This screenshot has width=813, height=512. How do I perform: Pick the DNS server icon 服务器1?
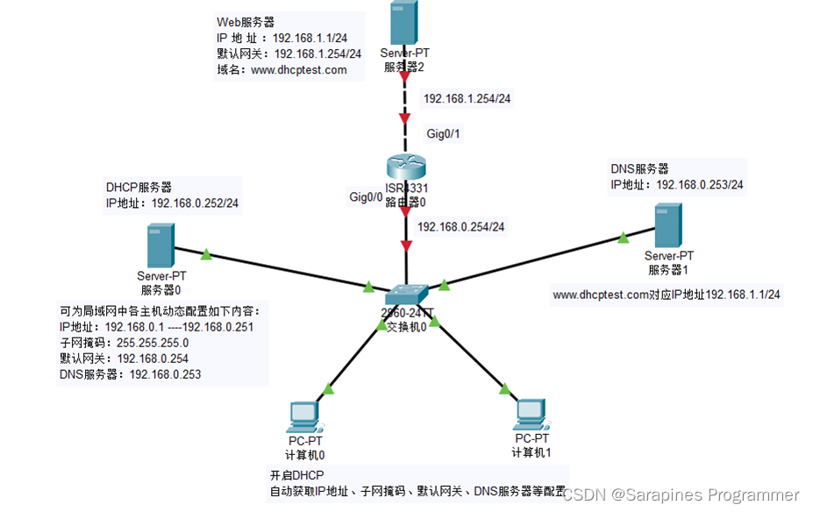[x=668, y=224]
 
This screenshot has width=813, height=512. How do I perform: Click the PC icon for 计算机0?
[x=304, y=415]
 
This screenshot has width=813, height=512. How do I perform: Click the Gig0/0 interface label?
[x=366, y=197]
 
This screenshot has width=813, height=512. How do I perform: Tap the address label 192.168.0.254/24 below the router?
[x=461, y=227]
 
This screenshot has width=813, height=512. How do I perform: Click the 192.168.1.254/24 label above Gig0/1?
[x=467, y=99]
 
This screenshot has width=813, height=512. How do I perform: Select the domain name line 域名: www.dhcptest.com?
[x=282, y=69]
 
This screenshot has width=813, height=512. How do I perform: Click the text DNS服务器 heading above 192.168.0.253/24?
[x=639, y=168]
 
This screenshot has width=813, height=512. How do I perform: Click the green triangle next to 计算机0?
[x=329, y=388]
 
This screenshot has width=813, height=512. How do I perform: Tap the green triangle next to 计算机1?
[x=505, y=388]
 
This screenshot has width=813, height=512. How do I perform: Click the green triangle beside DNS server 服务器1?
[x=623, y=237]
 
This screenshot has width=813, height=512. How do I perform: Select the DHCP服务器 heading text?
[x=139, y=187]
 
